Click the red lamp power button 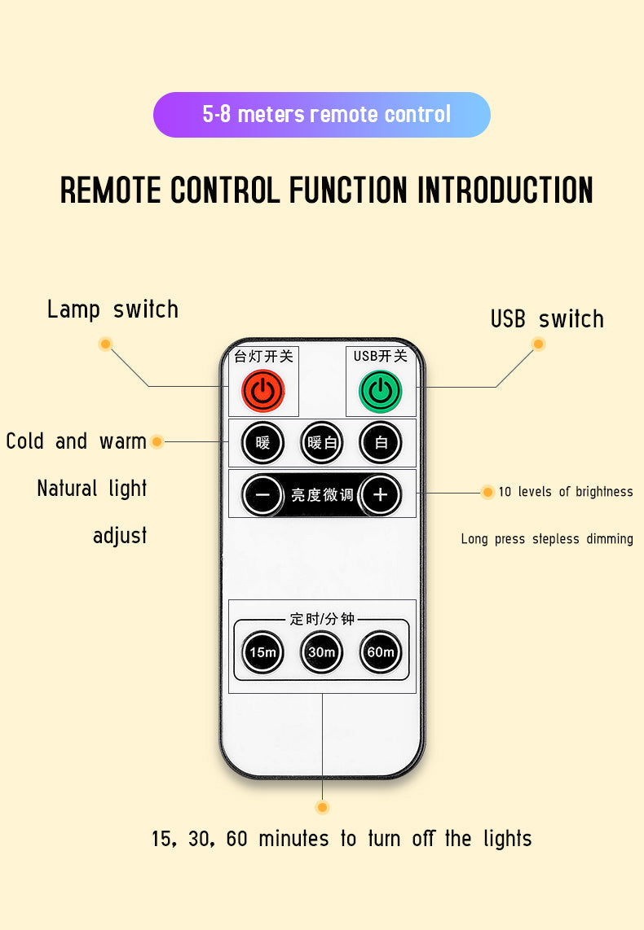[x=262, y=391]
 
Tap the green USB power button [x=380, y=392]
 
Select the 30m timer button [x=321, y=652]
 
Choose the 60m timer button [x=381, y=652]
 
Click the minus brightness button [x=262, y=494]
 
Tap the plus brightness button [x=380, y=494]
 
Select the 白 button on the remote [x=381, y=443]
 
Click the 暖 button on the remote [x=262, y=443]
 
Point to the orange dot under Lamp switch [x=105, y=344]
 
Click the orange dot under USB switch [x=538, y=344]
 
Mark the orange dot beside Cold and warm [x=157, y=441]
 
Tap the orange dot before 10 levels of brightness [x=487, y=492]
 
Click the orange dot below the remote [x=322, y=807]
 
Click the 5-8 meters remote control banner [x=322, y=115]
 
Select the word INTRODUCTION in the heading [x=505, y=190]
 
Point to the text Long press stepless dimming [x=547, y=539]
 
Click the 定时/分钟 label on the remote [x=322, y=619]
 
